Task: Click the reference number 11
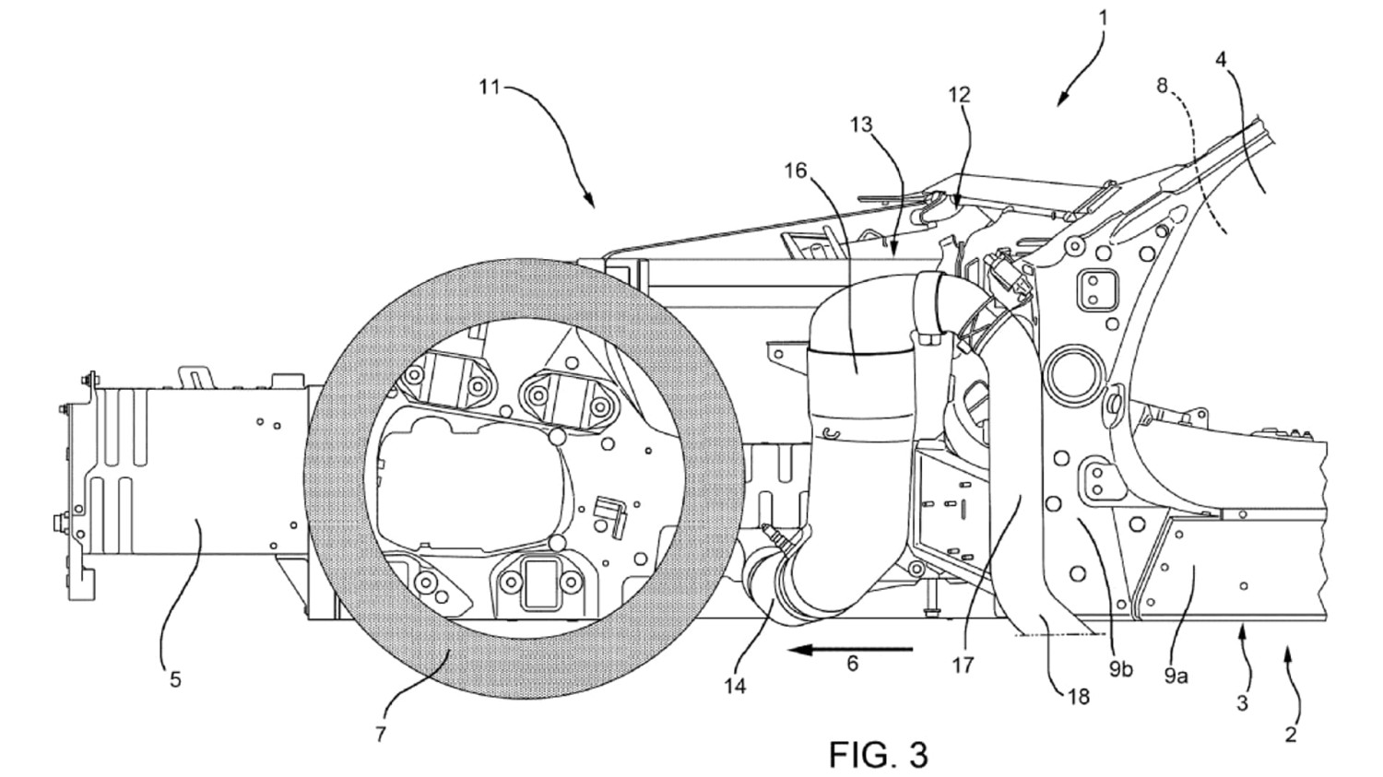coord(489,88)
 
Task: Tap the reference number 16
coord(796,171)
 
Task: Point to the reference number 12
coord(959,94)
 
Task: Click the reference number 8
coord(1163,86)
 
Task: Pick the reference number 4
coord(1222,61)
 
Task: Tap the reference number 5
coord(175,680)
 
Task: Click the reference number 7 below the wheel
coord(381,735)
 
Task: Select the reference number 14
coord(736,686)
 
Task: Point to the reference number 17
coord(963,664)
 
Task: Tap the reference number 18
coord(1078,696)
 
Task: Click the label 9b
coord(1120,669)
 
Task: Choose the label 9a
coord(1175,676)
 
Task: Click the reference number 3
coord(1243,703)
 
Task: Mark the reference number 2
coord(1291,734)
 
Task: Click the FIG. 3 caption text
coord(878,754)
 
